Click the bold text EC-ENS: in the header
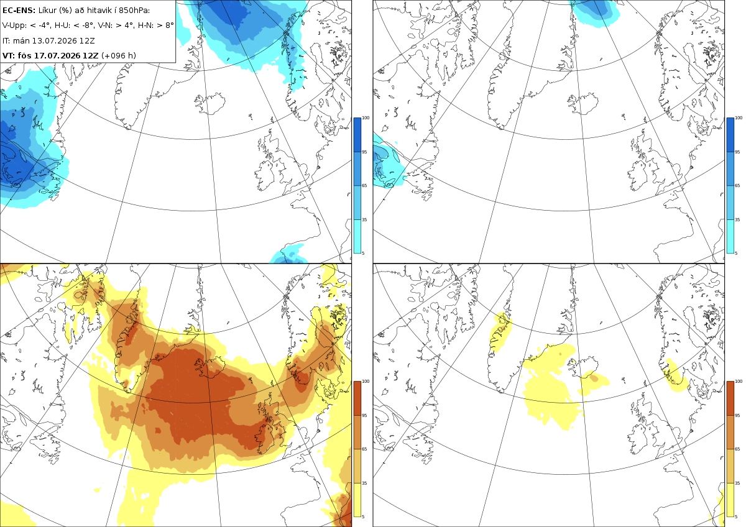[19, 11]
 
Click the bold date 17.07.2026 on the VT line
[57, 55]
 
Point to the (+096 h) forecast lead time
[119, 55]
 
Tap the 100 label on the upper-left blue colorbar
[366, 118]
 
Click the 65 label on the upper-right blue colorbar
[737, 185]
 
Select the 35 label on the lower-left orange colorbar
[364, 483]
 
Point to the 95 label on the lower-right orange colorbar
[737, 416]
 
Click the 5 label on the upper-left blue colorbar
[363, 253]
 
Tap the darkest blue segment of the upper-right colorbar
[730, 135]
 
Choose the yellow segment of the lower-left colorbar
[357, 500]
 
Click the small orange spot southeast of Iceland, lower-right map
[594, 378]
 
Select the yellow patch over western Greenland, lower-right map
[500, 331]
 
